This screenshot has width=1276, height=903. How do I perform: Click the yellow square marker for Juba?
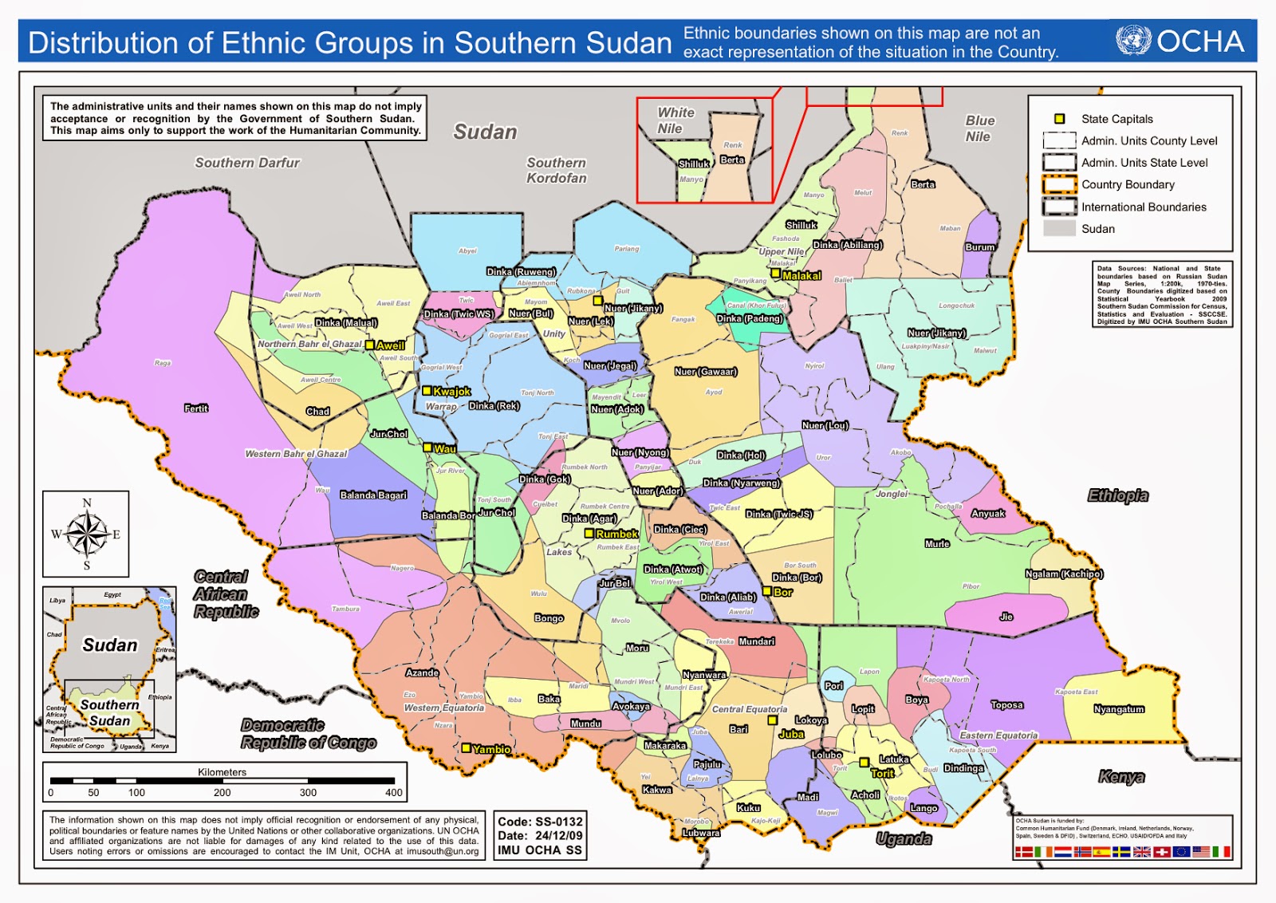pos(772,720)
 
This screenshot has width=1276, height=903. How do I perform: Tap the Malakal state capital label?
pos(801,276)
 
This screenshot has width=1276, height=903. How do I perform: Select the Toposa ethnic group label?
pos(1006,705)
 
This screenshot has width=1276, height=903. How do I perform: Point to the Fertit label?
pos(196,408)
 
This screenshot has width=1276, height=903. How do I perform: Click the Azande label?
pos(422,672)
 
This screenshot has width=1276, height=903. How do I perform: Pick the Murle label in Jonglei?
pos(937,544)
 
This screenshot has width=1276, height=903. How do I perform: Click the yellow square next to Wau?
pos(427,448)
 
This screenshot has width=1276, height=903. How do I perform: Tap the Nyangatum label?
pos(1119,709)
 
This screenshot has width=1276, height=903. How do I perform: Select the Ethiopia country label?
pos(1118,495)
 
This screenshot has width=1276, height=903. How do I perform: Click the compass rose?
pos(86,534)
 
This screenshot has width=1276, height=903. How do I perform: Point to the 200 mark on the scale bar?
pos(222,792)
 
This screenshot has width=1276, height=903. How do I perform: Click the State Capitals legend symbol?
pos(1059,119)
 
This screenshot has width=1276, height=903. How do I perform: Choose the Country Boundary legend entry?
pos(1128,184)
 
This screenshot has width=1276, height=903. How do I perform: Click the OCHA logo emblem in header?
pos(1133,41)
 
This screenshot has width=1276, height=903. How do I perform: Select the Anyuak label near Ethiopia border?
pos(987,514)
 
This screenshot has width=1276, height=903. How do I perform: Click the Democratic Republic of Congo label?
pos(308,734)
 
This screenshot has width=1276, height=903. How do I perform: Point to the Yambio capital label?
pos(491,749)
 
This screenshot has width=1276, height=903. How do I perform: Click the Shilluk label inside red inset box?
pos(693,164)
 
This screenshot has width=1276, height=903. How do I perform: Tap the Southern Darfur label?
pos(247,163)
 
